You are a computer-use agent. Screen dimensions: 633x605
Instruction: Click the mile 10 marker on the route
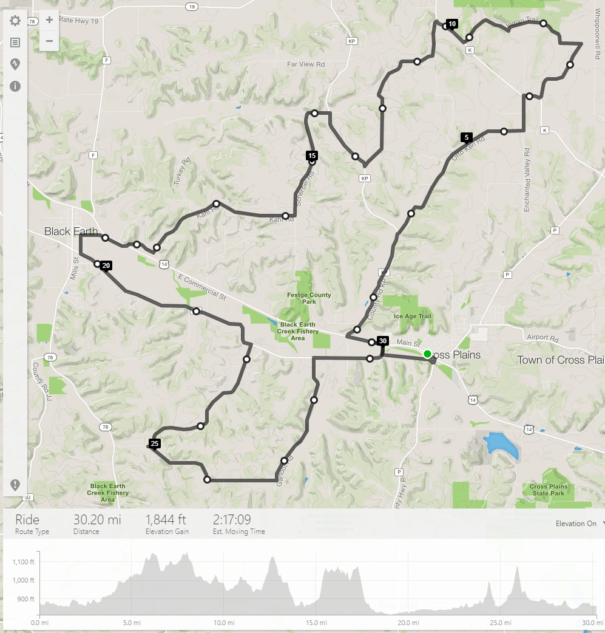coord(451,24)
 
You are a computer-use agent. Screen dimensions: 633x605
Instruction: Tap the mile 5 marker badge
coord(466,137)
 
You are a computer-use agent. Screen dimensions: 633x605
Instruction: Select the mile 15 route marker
coord(312,156)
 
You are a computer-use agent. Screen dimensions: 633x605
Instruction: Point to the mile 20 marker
coord(106,265)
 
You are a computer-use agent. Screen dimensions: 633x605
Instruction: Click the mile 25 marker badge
coord(155,443)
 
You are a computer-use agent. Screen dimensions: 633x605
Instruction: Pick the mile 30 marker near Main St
coord(382,341)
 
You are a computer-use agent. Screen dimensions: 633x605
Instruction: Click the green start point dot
coord(427,354)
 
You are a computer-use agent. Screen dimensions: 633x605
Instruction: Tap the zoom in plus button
coord(49,20)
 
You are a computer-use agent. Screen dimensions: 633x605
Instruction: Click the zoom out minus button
coord(49,41)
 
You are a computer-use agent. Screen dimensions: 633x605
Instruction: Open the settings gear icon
coord(15,21)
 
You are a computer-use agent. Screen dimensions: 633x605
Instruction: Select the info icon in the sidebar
coord(15,86)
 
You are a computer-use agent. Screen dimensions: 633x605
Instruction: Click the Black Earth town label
coord(70,231)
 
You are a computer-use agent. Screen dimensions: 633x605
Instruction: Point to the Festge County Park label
coord(309,298)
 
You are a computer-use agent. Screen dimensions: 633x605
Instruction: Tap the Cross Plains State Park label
coord(548,490)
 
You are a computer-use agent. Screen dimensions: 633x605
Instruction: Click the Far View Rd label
coord(306,64)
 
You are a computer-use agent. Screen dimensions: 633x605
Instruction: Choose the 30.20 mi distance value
coord(97,520)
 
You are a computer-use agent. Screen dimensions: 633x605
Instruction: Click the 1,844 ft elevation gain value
coord(165,520)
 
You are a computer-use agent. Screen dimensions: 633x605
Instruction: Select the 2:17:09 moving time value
coord(232,520)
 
